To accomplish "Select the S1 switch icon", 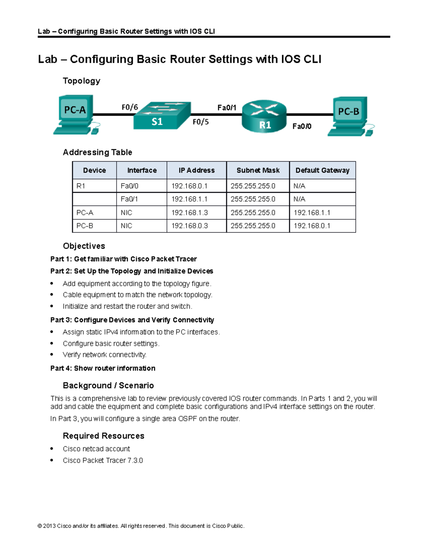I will [161, 116].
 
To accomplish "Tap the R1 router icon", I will [264, 116].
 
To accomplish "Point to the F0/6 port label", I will [130, 107].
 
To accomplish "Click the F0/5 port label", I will [200, 122].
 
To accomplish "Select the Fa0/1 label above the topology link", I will [227, 108].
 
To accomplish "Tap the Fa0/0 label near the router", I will [302, 126].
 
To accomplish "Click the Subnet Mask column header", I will [258, 171].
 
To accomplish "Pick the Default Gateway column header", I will [322, 171].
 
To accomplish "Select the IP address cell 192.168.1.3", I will [189, 213].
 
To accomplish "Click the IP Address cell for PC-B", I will [189, 226].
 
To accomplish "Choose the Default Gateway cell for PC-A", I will [312, 213].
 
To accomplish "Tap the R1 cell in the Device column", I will [81, 186].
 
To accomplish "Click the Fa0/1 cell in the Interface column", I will [129, 199].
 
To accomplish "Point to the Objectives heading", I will [84, 246].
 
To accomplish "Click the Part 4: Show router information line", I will [103, 368].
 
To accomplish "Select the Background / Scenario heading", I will [108, 386].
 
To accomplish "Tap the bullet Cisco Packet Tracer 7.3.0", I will [103, 461].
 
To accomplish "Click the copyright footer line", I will [141, 526].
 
